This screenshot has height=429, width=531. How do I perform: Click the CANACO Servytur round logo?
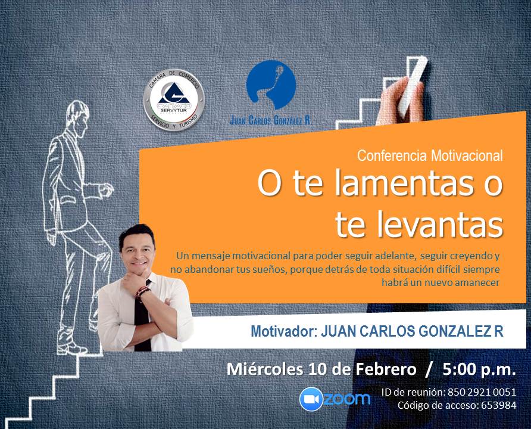174,100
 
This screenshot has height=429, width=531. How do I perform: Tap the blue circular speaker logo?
271,85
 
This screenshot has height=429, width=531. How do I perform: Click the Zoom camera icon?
311,399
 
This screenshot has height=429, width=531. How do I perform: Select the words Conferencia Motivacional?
430,156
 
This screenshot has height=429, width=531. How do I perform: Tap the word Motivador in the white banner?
283,331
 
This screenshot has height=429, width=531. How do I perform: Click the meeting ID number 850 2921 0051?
482,392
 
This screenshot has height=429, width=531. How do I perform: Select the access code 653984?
498,405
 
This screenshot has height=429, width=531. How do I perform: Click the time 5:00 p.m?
479,369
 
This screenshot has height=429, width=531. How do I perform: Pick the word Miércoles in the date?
264,369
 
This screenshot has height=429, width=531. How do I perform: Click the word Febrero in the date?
385,369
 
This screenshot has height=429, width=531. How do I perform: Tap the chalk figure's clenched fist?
107,189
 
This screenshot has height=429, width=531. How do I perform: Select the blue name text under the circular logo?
271,120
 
